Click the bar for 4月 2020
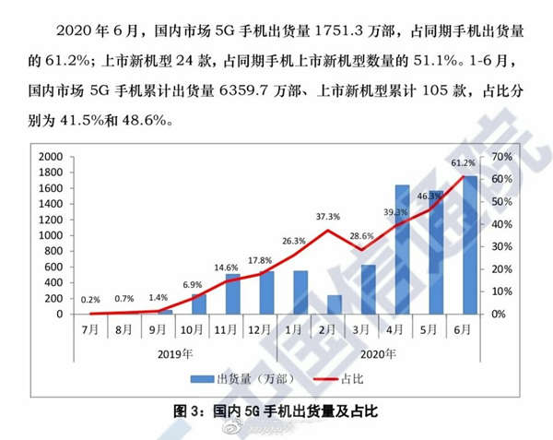click(402, 249)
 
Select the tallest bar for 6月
click(470, 244)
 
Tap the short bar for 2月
click(334, 304)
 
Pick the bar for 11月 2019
click(232, 293)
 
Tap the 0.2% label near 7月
click(91, 300)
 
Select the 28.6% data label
click(361, 237)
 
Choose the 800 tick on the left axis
click(54, 251)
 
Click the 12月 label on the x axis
click(266, 328)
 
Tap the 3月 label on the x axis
click(368, 328)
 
